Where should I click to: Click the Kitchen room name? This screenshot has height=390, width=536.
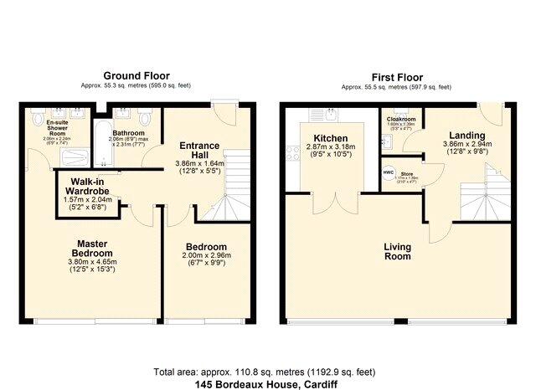click(331, 138)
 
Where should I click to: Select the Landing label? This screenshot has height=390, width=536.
click(466, 134)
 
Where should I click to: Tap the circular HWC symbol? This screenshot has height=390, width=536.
click(389, 172)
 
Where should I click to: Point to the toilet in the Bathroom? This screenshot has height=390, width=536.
click(147, 121)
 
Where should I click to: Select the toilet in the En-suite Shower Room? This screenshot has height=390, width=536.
click(37, 121)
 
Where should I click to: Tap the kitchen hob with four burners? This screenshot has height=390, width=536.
click(291, 152)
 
